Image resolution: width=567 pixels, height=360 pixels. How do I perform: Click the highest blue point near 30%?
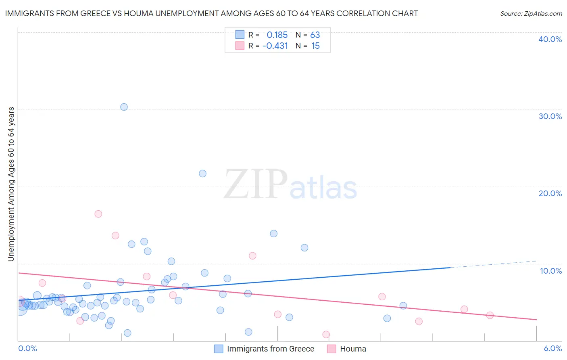coord(124,107)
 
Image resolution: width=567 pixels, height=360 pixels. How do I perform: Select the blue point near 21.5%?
coord(202,174)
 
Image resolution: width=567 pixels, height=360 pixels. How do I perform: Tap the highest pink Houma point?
coord(98,214)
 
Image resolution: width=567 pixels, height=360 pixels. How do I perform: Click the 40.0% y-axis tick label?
coord(550,39)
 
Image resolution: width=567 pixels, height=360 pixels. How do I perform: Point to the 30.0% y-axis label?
coord(550,116)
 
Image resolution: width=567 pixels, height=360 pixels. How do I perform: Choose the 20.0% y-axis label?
coord(550,193)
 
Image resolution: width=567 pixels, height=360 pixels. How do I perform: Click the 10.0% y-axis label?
coord(551,271)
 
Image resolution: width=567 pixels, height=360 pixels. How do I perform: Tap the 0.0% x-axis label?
coord(27,348)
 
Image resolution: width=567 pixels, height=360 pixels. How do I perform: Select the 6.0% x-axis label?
coord(553,348)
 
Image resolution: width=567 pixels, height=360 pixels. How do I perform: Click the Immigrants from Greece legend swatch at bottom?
coord(219,349)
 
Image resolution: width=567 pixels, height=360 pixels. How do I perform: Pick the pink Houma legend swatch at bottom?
coord(331,349)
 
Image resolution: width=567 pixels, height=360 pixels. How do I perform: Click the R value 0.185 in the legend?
coord(277,35)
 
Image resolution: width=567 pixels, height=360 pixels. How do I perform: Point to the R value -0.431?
coord(275,46)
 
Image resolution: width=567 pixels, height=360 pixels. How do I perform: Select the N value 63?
coord(315,35)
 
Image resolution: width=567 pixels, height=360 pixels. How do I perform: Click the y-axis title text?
coord(11,184)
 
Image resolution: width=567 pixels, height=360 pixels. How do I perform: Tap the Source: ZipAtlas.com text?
coord(531,14)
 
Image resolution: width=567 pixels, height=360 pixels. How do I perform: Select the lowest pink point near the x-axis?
coord(326,334)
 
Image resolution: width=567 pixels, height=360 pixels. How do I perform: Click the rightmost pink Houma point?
coord(490,315)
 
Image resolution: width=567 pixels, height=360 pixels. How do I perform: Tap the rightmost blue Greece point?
coord(403,306)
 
